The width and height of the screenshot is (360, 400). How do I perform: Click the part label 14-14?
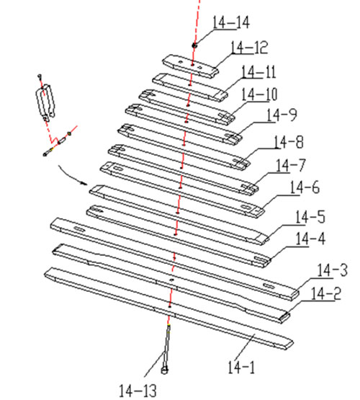(231, 22)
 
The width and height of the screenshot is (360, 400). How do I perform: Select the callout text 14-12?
(249, 48)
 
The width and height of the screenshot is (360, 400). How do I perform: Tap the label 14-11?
(258, 72)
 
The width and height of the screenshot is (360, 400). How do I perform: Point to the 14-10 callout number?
(259, 94)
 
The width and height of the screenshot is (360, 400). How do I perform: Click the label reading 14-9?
(282, 115)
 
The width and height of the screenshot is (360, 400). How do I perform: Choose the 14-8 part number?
(289, 142)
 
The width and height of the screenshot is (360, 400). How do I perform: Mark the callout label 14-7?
(291, 166)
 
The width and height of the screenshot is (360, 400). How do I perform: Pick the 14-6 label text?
(305, 188)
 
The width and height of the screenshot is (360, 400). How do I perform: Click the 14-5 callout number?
(310, 218)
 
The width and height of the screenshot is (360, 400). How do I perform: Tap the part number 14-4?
(310, 239)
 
